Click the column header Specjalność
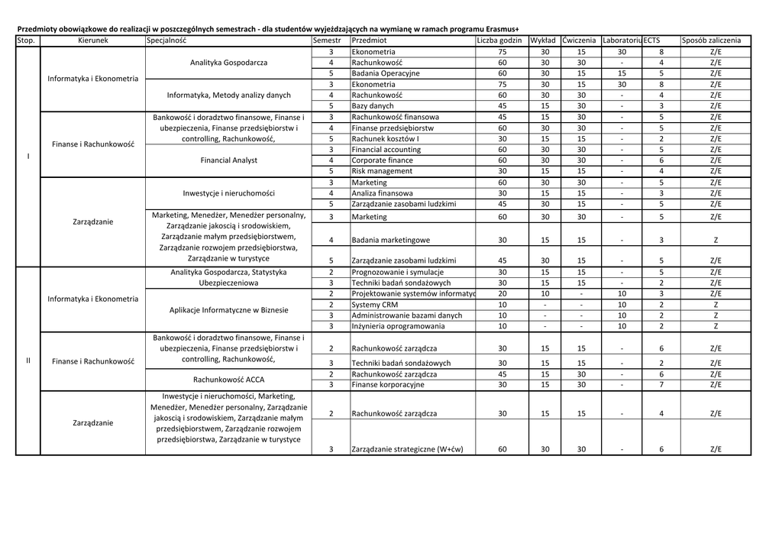[166, 40]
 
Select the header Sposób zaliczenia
[711, 40]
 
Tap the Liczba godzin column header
[499, 40]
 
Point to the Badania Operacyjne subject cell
[386, 73]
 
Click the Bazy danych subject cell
[373, 106]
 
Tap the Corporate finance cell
[382, 161]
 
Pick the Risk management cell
[382, 172]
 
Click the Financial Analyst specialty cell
[228, 161]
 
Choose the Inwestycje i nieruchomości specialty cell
[228, 193]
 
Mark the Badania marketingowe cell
[390, 241]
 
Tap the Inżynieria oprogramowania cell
[398, 326]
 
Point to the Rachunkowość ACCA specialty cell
[228, 380]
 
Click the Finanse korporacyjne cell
[387, 385]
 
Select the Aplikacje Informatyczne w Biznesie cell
[228, 310]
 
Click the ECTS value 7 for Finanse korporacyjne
[661, 385]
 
